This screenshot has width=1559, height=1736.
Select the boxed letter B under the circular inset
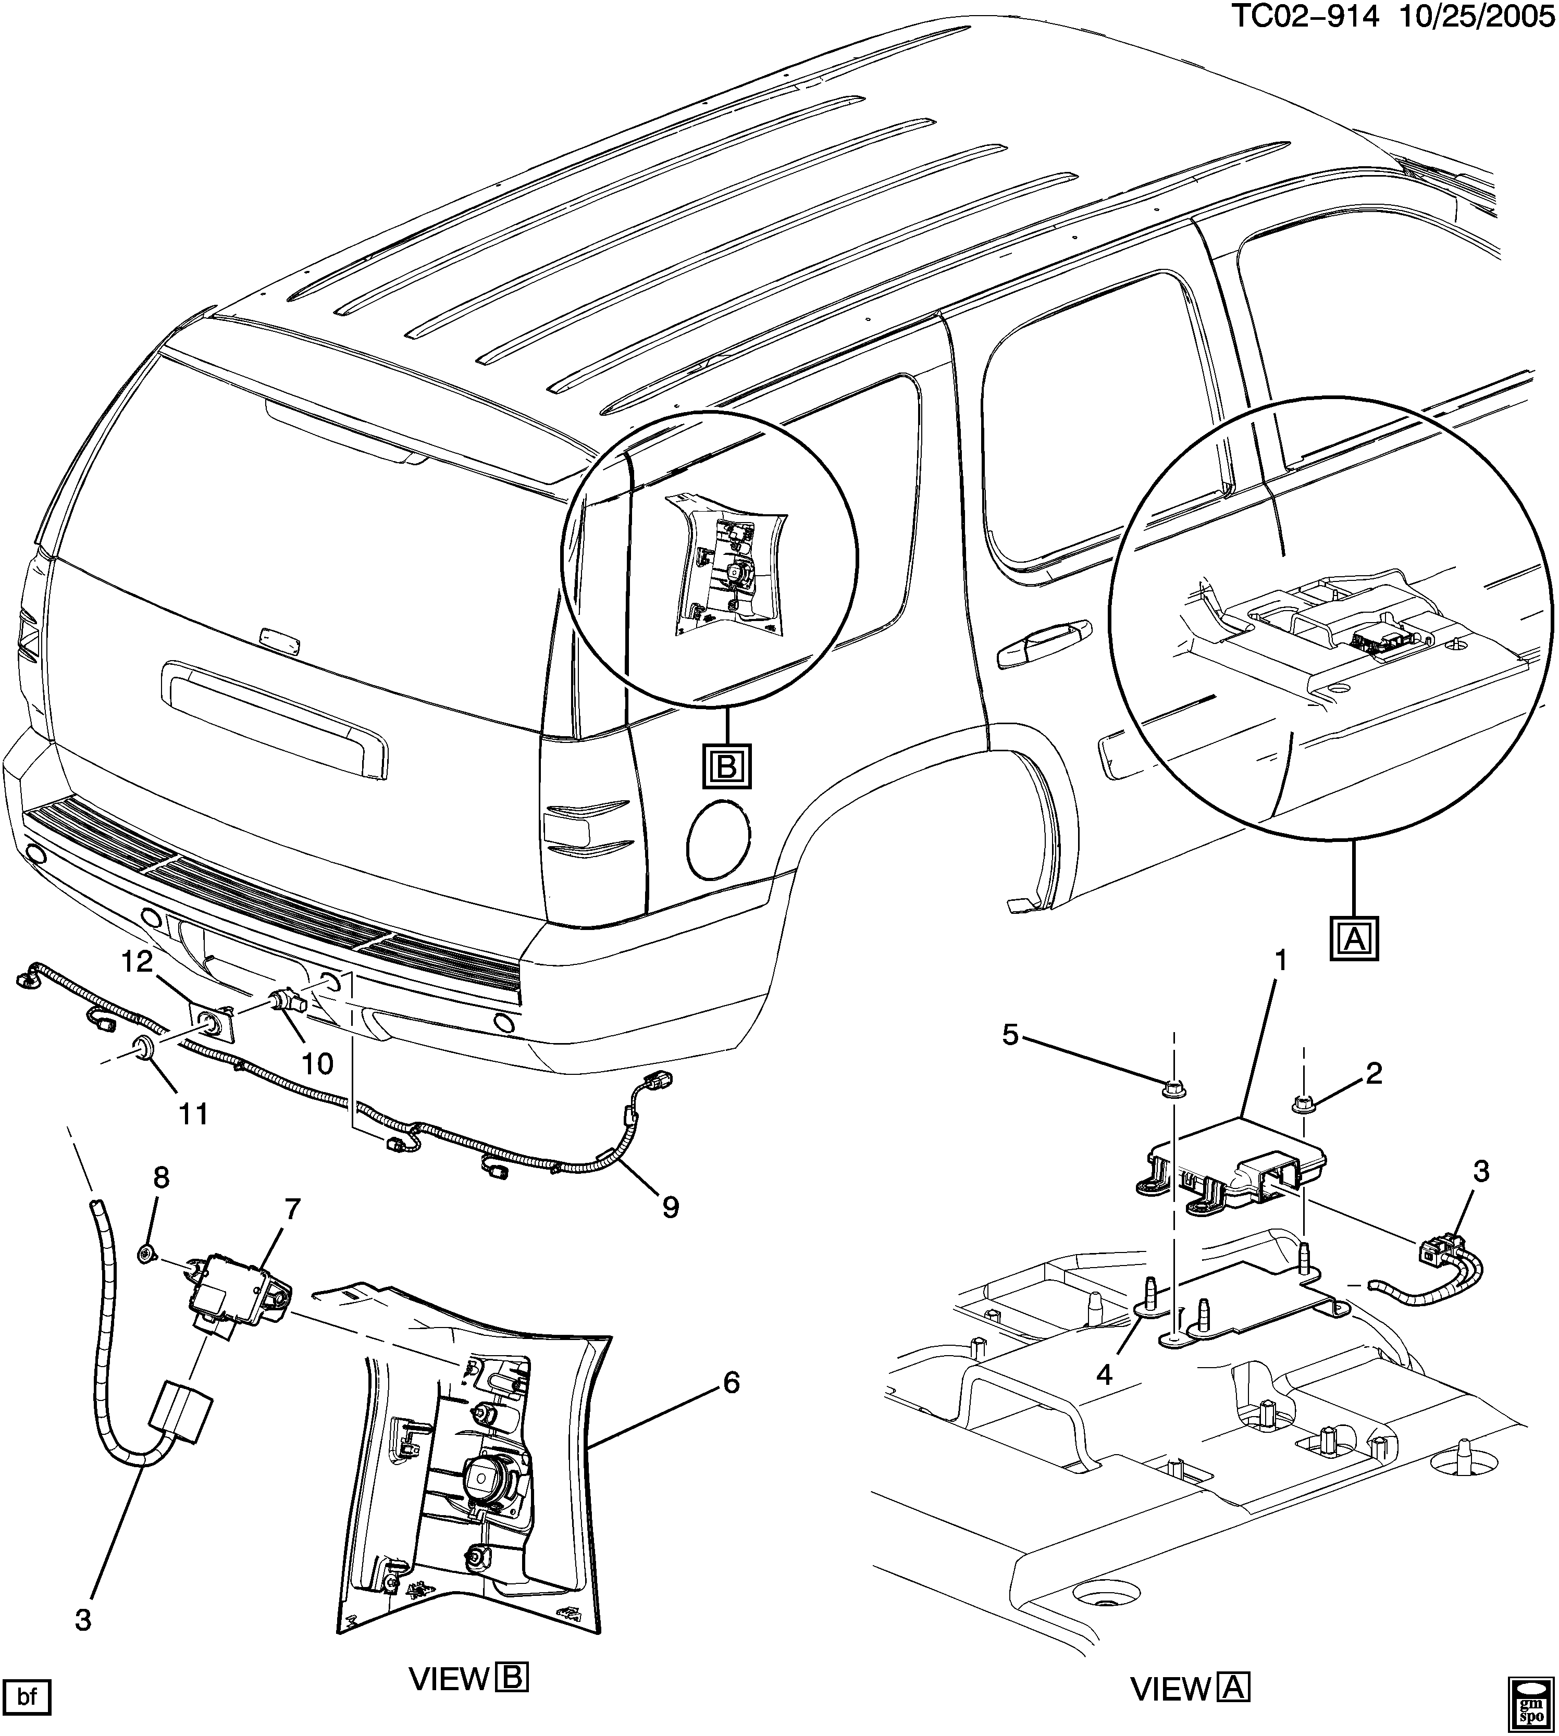(x=726, y=766)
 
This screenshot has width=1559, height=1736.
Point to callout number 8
(x=161, y=1177)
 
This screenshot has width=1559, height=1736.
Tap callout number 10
(x=317, y=1064)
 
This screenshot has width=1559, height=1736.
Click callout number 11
(x=194, y=1114)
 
